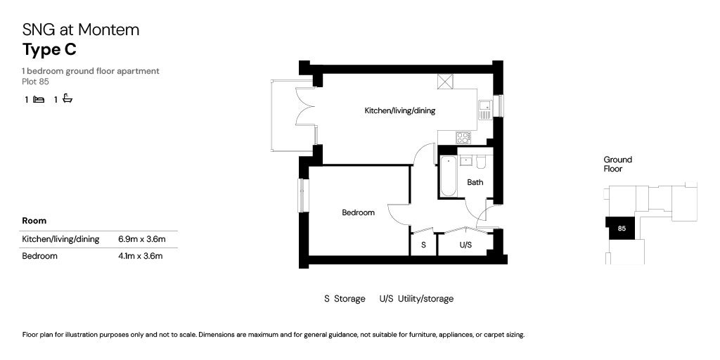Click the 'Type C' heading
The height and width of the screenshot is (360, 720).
(x=49, y=50)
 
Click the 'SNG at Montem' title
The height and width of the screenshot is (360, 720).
(x=81, y=30)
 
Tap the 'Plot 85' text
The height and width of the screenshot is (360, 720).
(x=35, y=82)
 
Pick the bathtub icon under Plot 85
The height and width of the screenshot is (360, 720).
(x=67, y=99)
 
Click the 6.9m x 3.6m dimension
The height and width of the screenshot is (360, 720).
(x=141, y=239)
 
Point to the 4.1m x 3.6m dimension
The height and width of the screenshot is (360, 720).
(x=141, y=256)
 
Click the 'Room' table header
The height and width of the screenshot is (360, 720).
(x=34, y=221)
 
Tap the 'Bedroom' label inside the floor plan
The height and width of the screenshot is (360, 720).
(x=358, y=212)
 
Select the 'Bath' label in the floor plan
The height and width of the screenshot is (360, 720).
(x=475, y=183)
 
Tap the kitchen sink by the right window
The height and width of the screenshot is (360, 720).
(x=484, y=110)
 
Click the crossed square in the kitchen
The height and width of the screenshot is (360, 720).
(x=445, y=82)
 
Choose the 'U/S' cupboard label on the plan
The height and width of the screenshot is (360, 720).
(x=465, y=245)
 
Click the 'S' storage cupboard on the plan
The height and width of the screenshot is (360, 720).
(x=423, y=245)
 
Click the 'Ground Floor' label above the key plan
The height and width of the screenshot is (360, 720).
(x=617, y=165)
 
